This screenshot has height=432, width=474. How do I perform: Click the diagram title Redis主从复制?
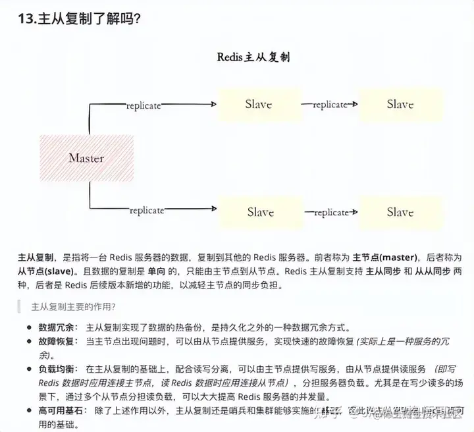pyautogui.click(x=253, y=57)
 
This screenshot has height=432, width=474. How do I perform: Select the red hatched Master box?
pyautogui.click(x=86, y=158)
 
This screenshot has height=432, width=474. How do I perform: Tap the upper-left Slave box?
pyautogui.click(x=258, y=104)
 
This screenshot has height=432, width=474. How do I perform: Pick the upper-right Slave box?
pyautogui.click(x=400, y=104)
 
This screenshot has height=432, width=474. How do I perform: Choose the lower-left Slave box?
pyautogui.click(x=259, y=212)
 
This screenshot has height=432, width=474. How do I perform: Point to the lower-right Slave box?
pyautogui.click(x=400, y=212)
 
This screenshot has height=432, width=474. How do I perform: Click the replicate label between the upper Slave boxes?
pyautogui.click(x=329, y=105)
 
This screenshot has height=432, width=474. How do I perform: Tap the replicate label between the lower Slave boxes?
pyautogui.click(x=330, y=213)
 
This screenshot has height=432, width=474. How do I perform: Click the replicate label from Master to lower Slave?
pyautogui.click(x=146, y=210)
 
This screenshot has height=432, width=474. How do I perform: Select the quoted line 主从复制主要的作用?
pyautogui.click(x=74, y=306)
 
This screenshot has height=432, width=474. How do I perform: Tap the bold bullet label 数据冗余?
pyautogui.click(x=57, y=327)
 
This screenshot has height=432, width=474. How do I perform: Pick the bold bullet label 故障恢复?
pyautogui.click(x=57, y=341)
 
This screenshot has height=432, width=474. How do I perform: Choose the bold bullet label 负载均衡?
pyautogui.click(x=57, y=369)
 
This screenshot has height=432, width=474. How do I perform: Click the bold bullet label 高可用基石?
pyautogui.click(x=61, y=410)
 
